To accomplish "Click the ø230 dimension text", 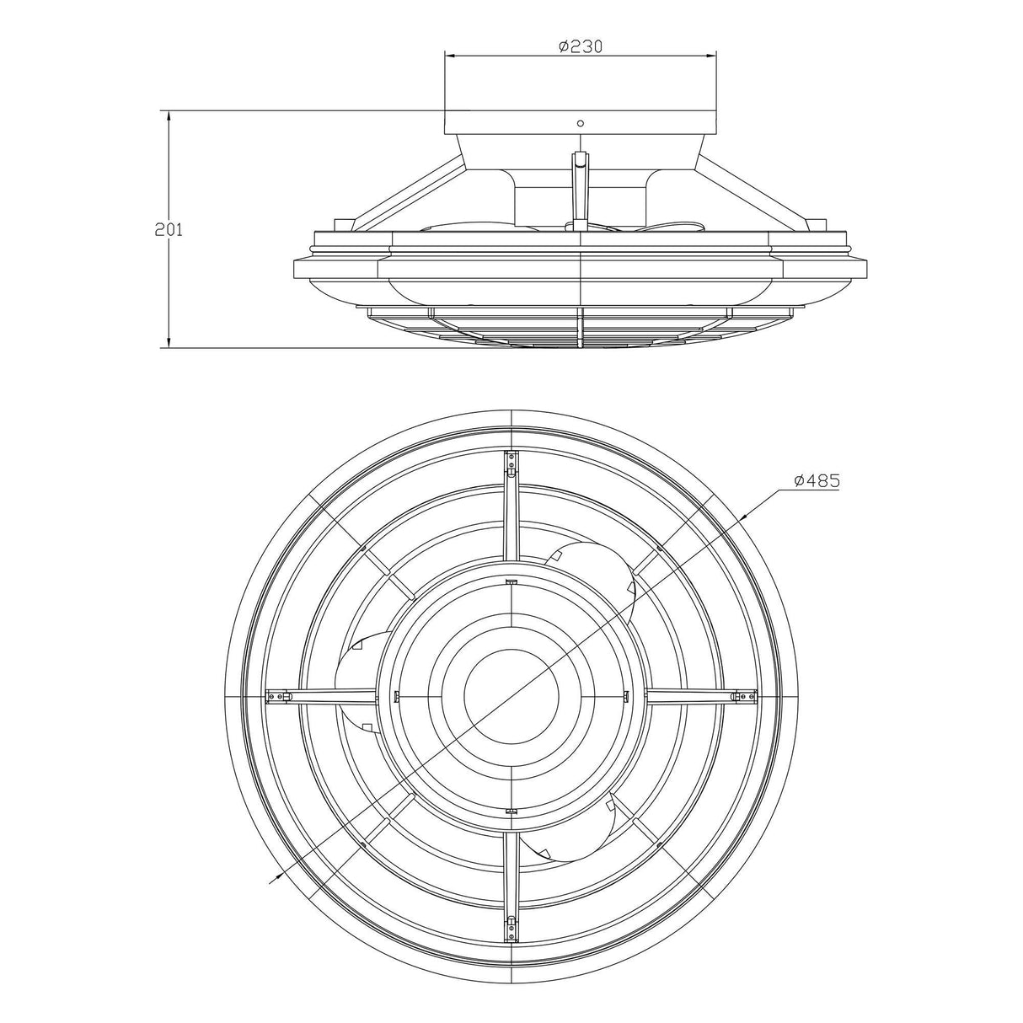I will [x=581, y=46].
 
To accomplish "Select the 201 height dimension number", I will [x=169, y=229].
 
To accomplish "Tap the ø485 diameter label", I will [x=816, y=480].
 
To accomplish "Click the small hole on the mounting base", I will [x=580, y=123].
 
